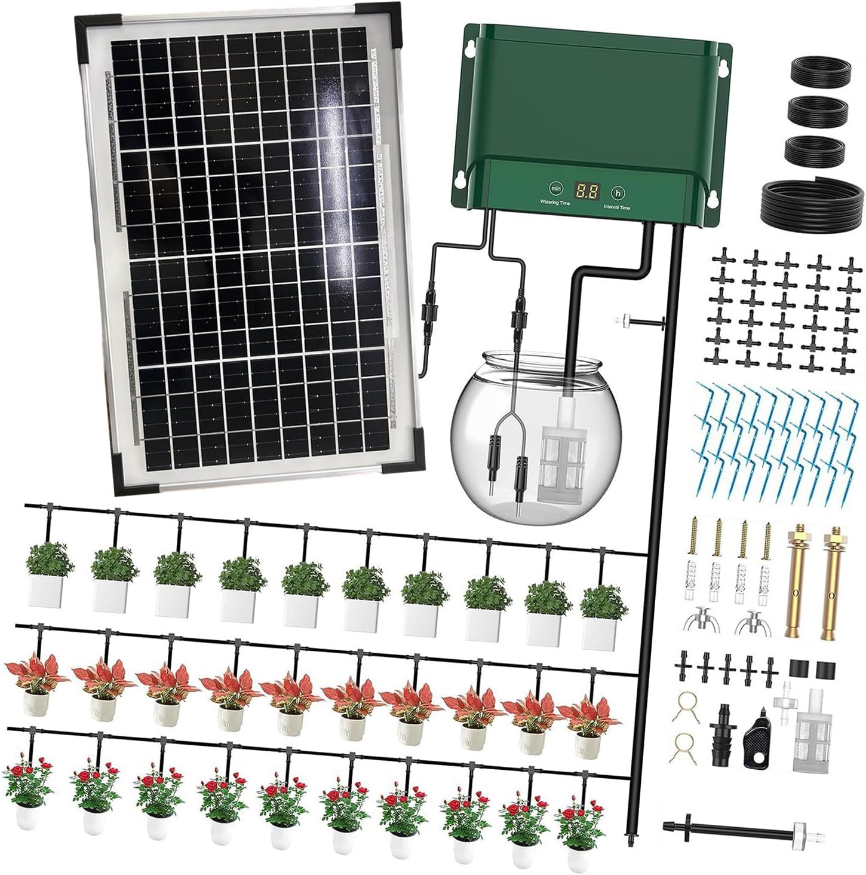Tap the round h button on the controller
(x=618, y=192)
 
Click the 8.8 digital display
(x=586, y=191)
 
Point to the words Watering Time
(x=555, y=203)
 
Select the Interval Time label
(x=616, y=207)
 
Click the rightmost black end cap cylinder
(x=825, y=668)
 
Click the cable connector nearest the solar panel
(x=429, y=311)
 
